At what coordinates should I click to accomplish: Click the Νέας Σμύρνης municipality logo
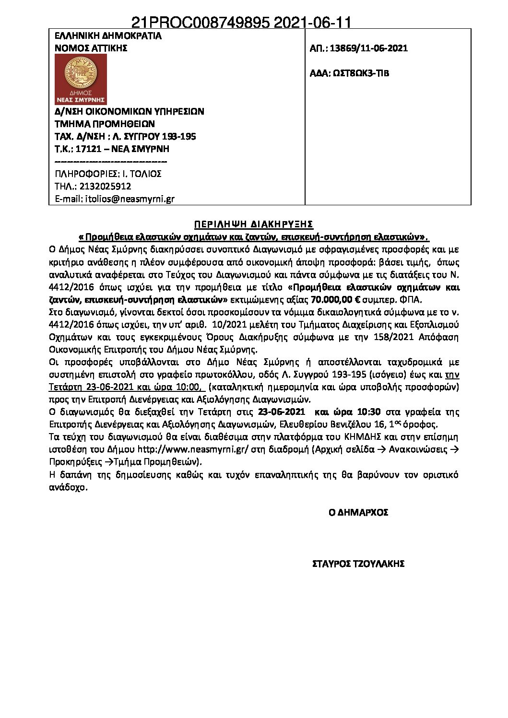(81, 79)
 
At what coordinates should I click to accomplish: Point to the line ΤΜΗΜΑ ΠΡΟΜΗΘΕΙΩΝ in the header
(105, 123)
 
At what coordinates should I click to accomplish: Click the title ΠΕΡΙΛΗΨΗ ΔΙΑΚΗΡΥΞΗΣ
(254, 224)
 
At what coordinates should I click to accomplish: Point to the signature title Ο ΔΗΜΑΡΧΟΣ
(358, 512)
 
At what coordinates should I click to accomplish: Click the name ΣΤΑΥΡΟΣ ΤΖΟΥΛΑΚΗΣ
(358, 564)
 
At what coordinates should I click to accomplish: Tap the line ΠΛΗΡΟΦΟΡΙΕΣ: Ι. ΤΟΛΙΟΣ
(108, 174)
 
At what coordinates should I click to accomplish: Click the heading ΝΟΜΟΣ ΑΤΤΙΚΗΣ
(91, 48)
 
